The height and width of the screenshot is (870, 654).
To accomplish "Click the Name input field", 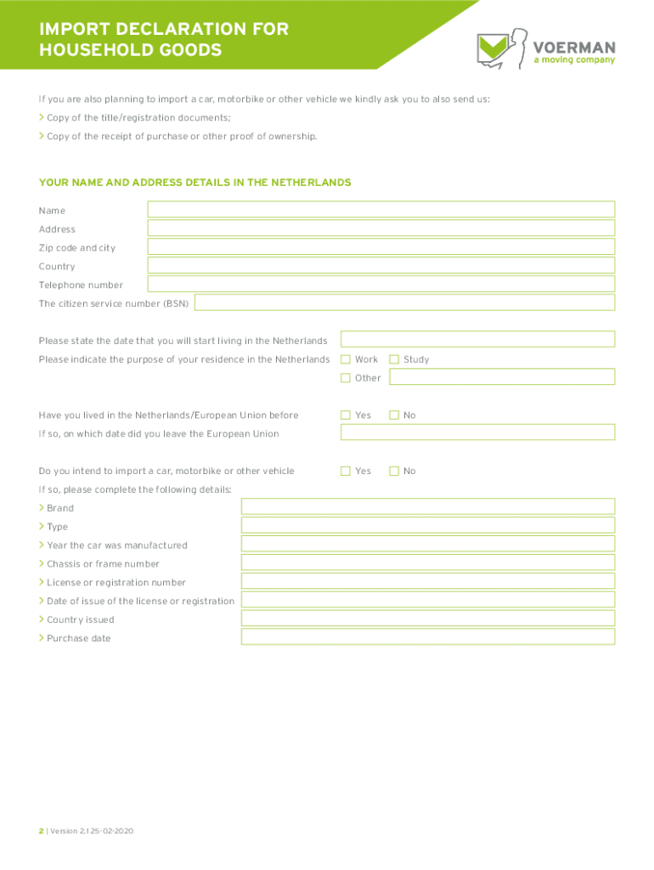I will (381, 210).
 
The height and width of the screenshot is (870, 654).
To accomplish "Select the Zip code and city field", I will (381, 247).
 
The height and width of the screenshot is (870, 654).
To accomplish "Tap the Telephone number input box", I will (381, 285).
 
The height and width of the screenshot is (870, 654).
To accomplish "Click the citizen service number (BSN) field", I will (404, 303).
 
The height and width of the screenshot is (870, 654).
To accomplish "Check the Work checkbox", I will (346, 359).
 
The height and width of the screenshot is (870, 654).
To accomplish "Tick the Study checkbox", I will (394, 359).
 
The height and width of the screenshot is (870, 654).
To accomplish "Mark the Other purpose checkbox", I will (346, 378).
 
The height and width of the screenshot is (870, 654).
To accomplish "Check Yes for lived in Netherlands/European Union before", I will (346, 415).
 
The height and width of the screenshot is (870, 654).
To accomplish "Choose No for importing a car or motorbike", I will (394, 471).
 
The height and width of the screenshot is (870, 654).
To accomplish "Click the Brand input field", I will (427, 507).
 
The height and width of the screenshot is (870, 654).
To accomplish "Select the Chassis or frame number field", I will (427, 563).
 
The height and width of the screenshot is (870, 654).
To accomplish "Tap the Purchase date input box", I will (427, 638).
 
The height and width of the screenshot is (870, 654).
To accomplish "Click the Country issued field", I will (427, 619).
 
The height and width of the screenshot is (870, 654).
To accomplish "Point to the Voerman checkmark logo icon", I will (494, 49).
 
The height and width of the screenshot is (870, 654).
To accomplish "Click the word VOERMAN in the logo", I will (573, 46).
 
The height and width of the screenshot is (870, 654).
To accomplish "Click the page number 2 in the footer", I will (41, 831).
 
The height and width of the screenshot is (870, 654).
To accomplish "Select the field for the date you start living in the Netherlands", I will (477, 340).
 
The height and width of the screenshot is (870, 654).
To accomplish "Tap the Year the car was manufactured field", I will (427, 545).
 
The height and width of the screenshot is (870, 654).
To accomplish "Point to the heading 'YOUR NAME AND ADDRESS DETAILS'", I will (195, 183).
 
